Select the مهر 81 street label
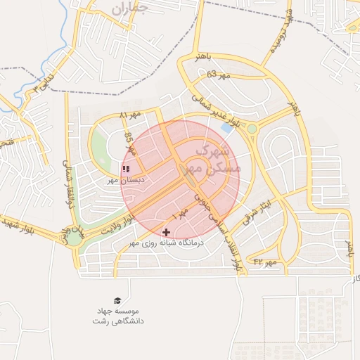point(130,115)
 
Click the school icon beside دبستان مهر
point(126,169)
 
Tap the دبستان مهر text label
point(125,180)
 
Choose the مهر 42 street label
point(266,262)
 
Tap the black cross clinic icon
point(166,232)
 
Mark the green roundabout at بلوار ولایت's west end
point(74,237)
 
